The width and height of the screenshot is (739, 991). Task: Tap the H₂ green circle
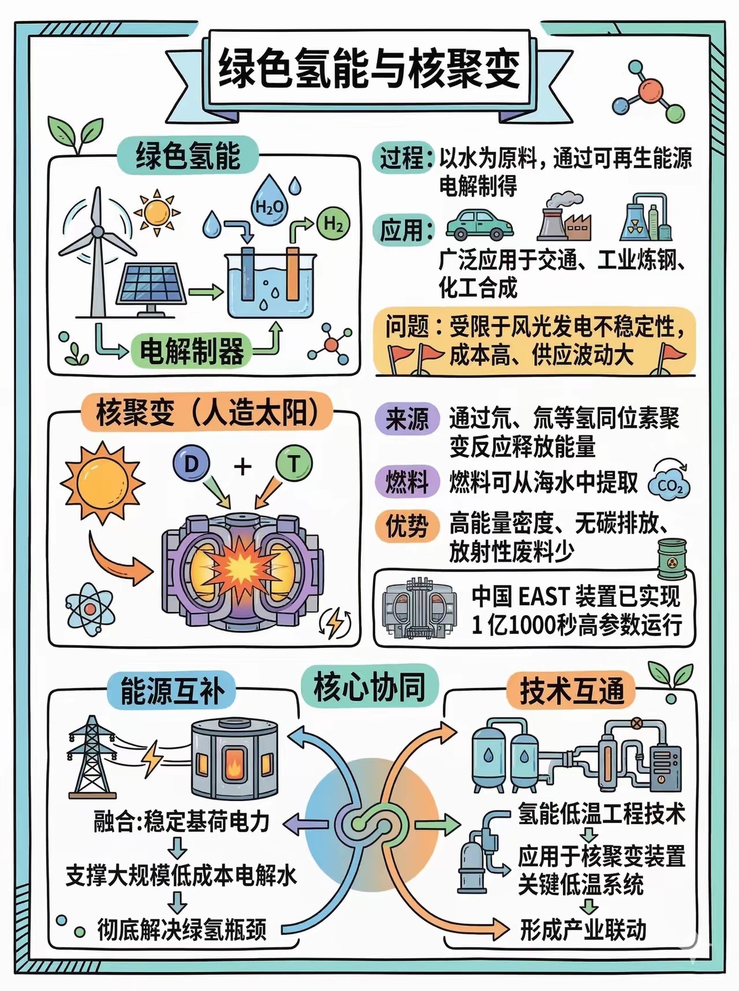[333, 224]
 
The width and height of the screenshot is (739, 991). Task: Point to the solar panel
[151, 286]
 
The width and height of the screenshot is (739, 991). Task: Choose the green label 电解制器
[192, 351]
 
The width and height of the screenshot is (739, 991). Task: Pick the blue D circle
[191, 463]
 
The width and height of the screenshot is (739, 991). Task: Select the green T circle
[294, 463]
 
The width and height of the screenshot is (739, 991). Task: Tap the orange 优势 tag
[407, 526]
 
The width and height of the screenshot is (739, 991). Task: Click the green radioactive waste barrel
[672, 558]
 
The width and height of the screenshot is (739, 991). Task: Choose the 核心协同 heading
[369, 687]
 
